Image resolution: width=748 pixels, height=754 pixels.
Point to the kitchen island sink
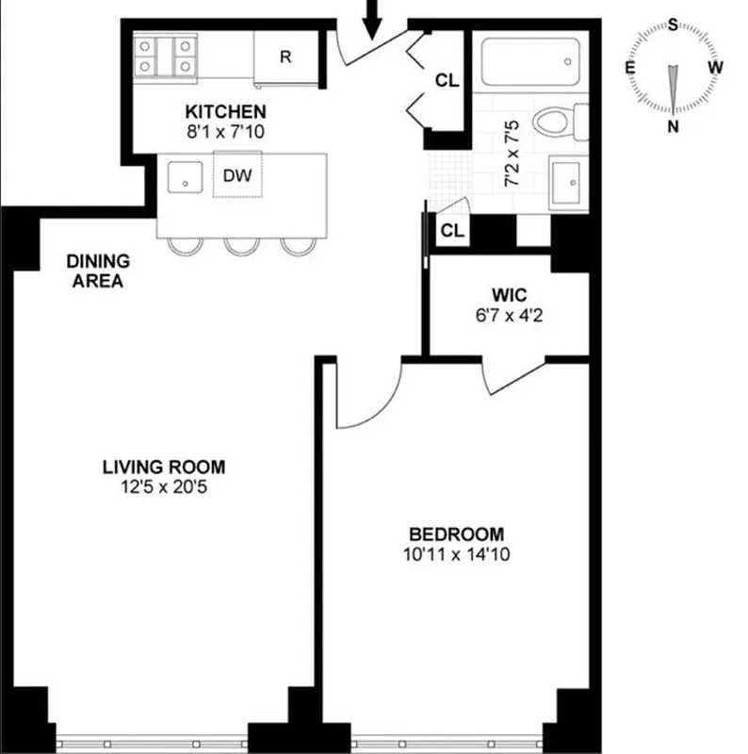coord(186,174)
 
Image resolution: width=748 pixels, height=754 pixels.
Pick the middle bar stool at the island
coord(242,246)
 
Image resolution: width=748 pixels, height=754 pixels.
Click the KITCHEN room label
coord(224,111)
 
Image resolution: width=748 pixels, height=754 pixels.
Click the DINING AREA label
coord(98,270)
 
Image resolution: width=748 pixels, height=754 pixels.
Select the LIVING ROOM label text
coord(164,467)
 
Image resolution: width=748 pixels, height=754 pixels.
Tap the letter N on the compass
coord(673,127)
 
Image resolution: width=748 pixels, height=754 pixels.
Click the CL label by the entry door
coord(447,81)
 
